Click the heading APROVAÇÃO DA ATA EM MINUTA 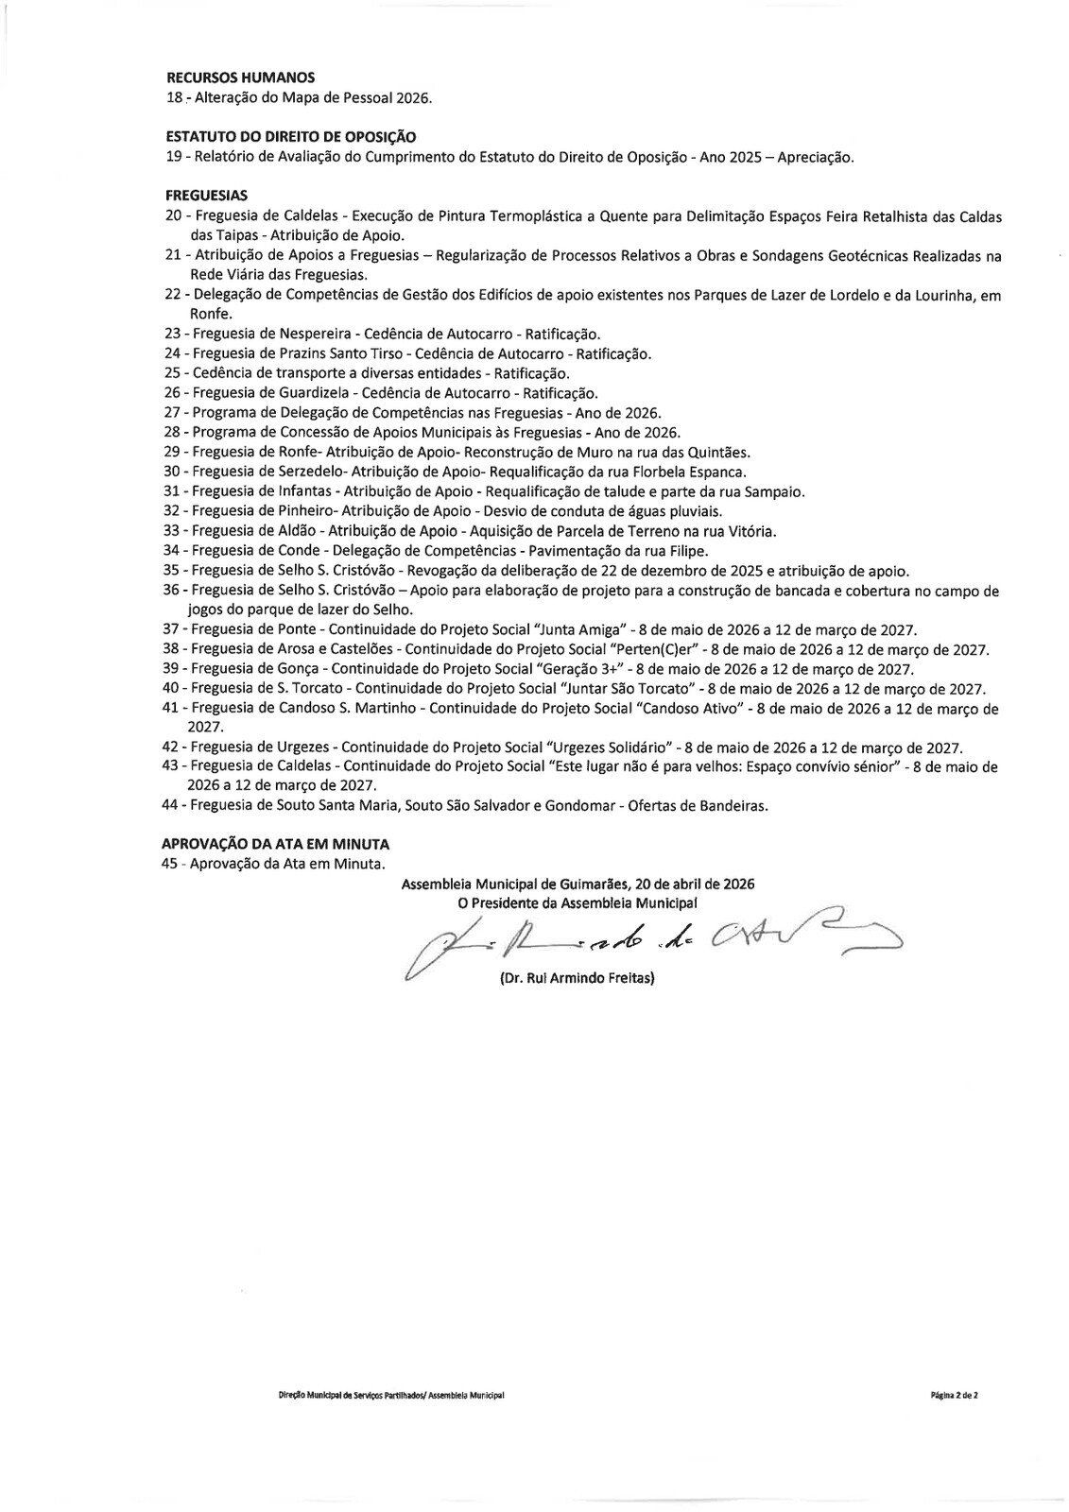[275, 844]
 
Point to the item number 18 [173, 97]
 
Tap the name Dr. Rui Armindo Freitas [577, 979]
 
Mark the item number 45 [171, 864]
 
